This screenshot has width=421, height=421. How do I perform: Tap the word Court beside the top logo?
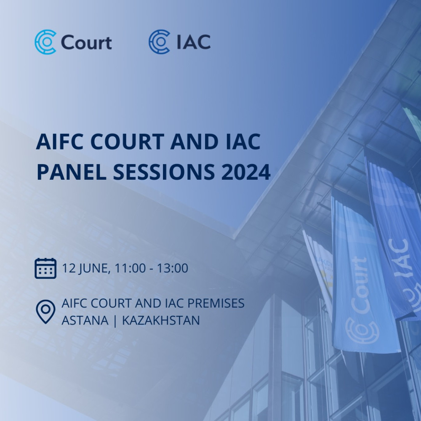[86, 43]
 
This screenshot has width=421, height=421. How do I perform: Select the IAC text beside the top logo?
[194, 42]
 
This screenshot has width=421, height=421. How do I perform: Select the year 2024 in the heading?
[246, 172]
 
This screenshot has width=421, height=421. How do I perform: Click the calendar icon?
[45, 268]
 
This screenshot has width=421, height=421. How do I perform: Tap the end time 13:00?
[173, 268]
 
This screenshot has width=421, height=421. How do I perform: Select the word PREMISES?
[216, 304]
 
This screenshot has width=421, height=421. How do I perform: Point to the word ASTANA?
[85, 320]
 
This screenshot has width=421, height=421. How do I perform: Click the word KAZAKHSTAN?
[161, 320]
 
